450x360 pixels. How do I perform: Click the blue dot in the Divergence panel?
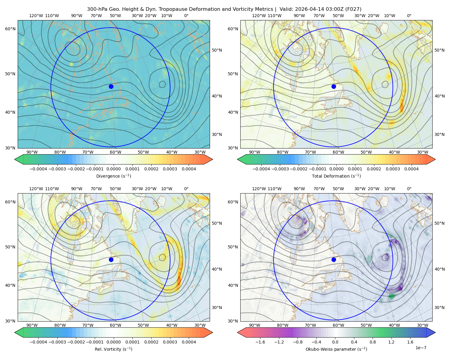pyautogui.click(x=111, y=86)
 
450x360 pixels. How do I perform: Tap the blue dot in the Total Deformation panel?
pyautogui.click(x=334, y=86)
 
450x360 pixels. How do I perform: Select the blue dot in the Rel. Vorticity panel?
pyautogui.click(x=111, y=259)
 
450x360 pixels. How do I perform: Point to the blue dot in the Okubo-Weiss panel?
pyautogui.click(x=334, y=259)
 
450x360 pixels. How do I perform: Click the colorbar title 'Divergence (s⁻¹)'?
pyautogui.click(x=113, y=176)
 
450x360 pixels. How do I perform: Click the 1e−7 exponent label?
pyautogui.click(x=421, y=348)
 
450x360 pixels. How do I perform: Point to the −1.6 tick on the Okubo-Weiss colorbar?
pyautogui.click(x=260, y=342)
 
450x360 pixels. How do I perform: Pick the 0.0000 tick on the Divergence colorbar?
pyautogui.click(x=113, y=169)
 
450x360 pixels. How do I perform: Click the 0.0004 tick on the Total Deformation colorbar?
pyautogui.click(x=412, y=169)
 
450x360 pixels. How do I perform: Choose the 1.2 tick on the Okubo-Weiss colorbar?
pyautogui.click(x=391, y=342)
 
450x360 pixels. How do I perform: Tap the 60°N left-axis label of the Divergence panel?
pyautogui.click(x=10, y=29)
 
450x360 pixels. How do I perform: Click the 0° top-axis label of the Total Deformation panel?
pyautogui.click(x=409, y=16)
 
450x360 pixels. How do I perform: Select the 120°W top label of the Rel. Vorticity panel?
pyautogui.click(x=36, y=189)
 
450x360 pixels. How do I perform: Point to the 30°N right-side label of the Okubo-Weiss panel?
pyautogui.click(x=439, y=307)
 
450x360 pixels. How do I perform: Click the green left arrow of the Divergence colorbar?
pyautogui.click(x=19, y=159)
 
